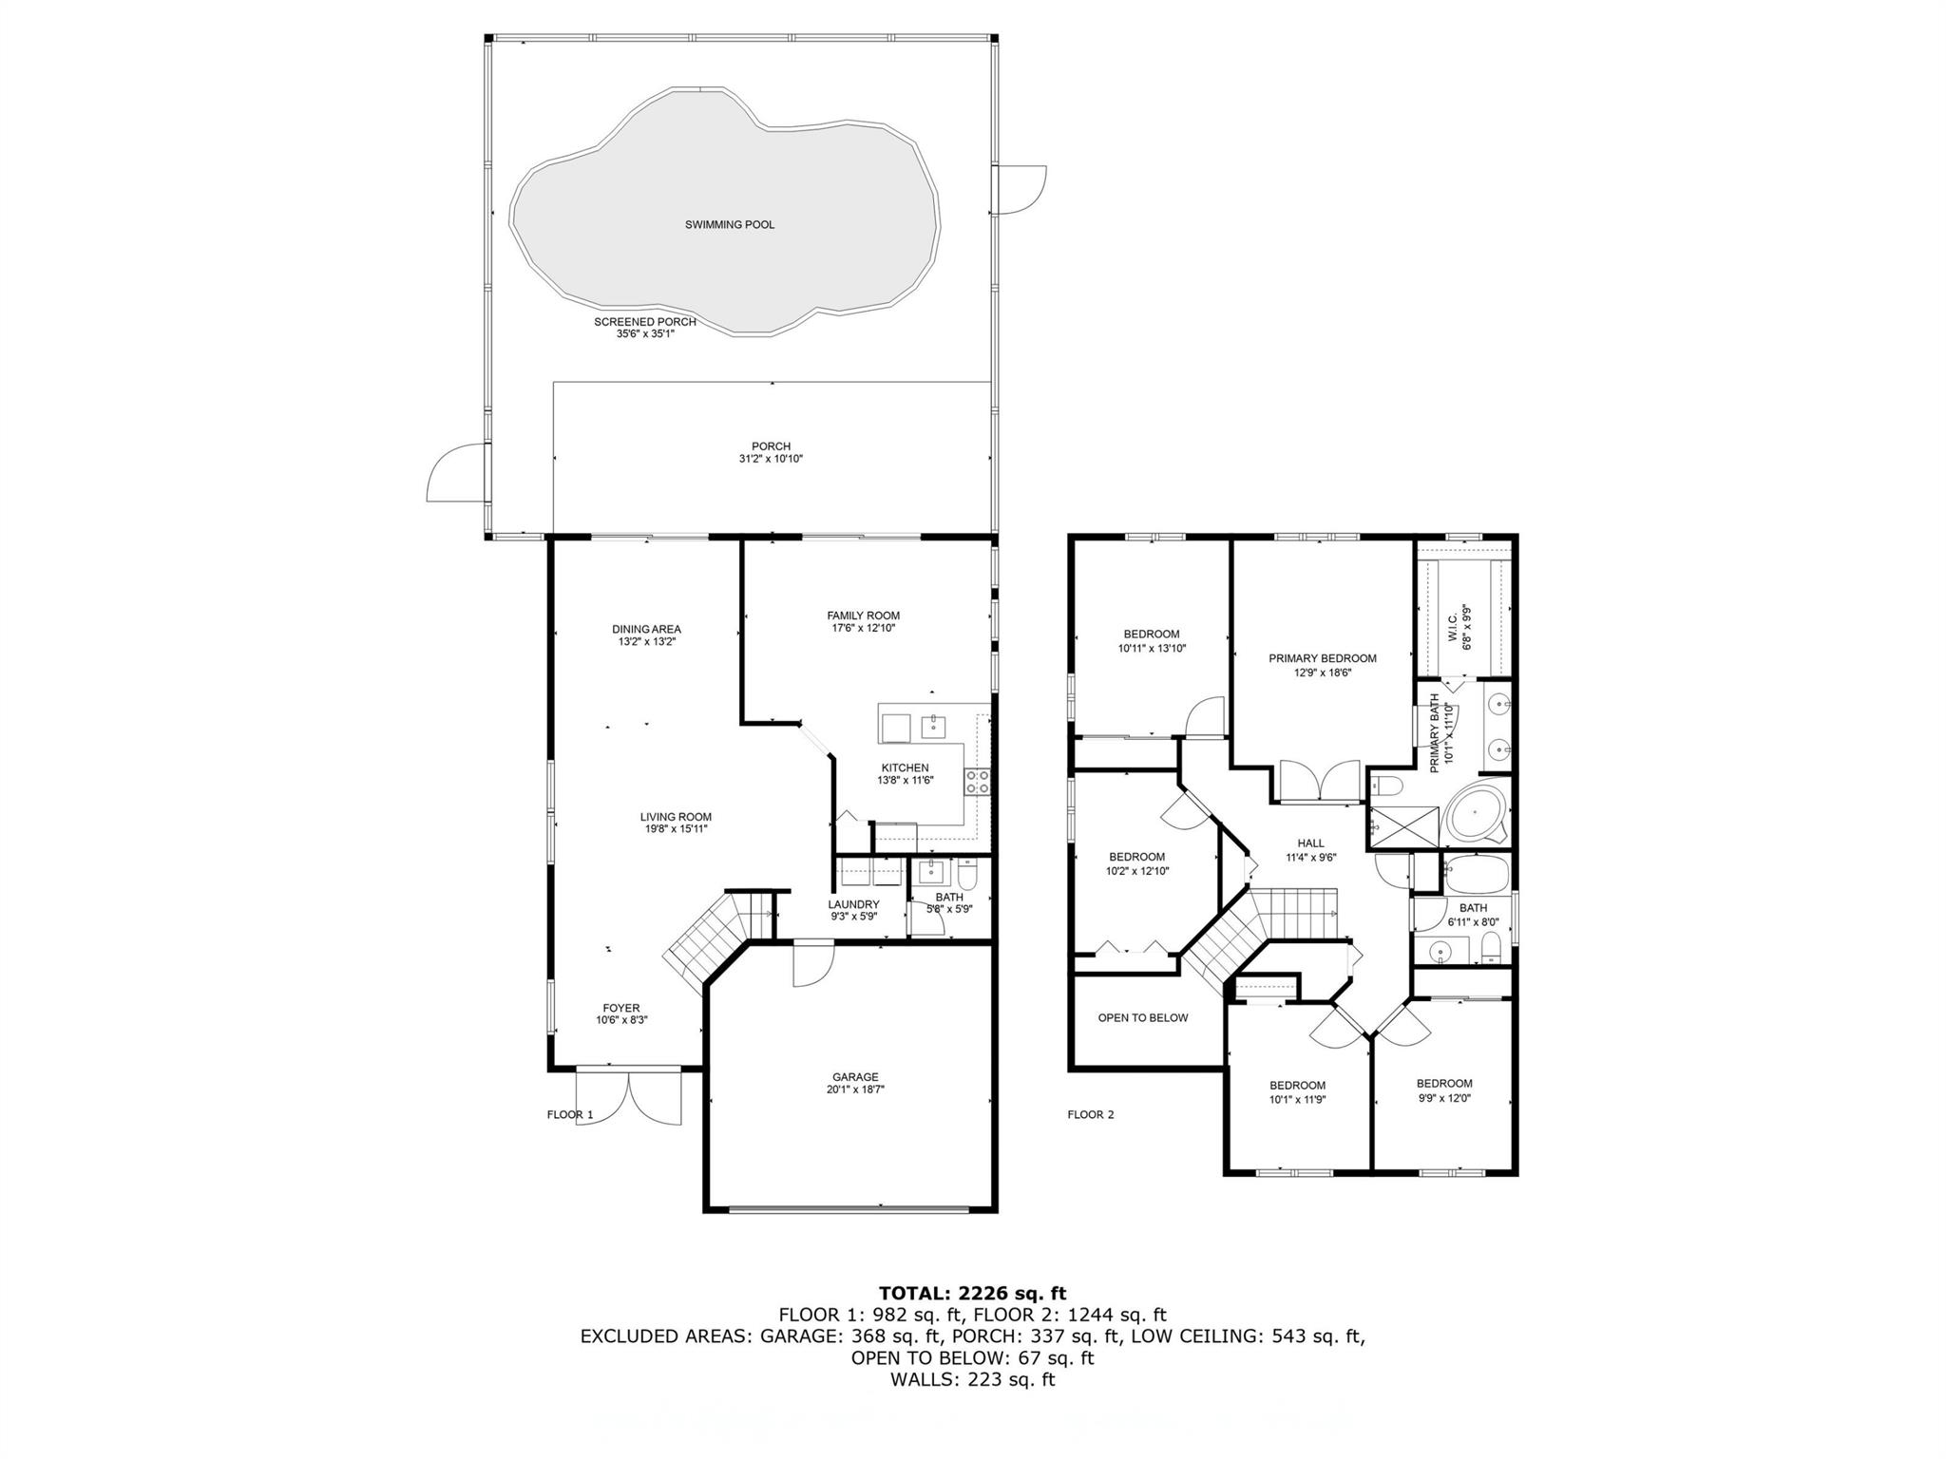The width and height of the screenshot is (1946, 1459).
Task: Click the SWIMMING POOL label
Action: pyautogui.click(x=730, y=225)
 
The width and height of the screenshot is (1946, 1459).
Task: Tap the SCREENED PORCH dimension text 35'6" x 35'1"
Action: pyautogui.click(x=645, y=334)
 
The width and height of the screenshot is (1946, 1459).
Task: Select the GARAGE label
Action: pyautogui.click(x=852, y=1077)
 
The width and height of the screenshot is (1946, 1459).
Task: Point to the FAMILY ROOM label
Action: pyautogui.click(x=863, y=616)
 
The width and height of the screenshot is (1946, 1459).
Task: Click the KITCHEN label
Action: pyautogui.click(x=905, y=768)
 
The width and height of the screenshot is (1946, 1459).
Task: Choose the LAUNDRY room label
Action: pyautogui.click(x=853, y=904)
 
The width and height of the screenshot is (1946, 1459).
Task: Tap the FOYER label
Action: pyautogui.click(x=621, y=1008)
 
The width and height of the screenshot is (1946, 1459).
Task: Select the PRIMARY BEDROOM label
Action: pyautogui.click(x=1323, y=658)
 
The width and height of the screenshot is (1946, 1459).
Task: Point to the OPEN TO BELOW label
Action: pyautogui.click(x=1143, y=1018)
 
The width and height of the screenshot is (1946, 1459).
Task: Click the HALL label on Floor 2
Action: pyautogui.click(x=1311, y=843)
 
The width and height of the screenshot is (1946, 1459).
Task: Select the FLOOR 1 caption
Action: pyautogui.click(x=570, y=1115)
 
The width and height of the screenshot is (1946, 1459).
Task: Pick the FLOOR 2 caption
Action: pyautogui.click(x=1091, y=1115)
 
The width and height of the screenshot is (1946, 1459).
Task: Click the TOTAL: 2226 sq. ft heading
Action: pyautogui.click(x=973, y=1293)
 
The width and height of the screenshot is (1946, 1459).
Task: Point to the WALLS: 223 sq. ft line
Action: pyautogui.click(x=973, y=1380)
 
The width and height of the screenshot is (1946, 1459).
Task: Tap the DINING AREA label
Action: pyautogui.click(x=646, y=629)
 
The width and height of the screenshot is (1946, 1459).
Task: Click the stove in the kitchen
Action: pyautogui.click(x=977, y=782)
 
